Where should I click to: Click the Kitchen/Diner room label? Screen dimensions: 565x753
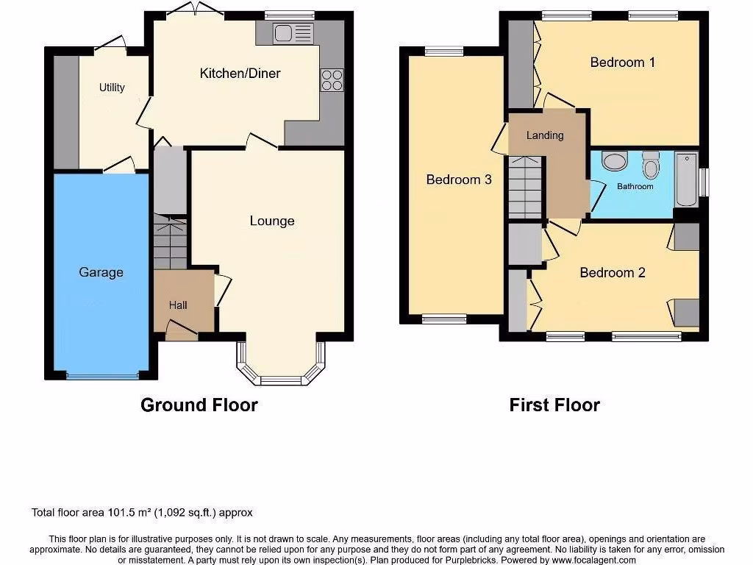point(240,74)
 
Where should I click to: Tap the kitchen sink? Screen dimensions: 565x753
point(293,33)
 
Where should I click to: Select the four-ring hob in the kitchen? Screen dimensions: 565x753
point(332,79)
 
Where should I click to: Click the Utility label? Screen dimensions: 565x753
point(112,88)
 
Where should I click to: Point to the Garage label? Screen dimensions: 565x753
point(101,272)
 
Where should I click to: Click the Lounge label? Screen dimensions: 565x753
point(272,221)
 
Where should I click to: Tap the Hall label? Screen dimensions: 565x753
point(179,305)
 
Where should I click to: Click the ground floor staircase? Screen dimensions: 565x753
point(170,243)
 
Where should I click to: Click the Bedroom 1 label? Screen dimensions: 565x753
point(622,63)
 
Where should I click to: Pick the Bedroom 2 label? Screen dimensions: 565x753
point(613,273)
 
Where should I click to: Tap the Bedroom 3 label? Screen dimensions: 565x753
point(459,180)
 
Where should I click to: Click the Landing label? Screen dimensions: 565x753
point(545,135)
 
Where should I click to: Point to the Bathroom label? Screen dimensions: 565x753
point(635,187)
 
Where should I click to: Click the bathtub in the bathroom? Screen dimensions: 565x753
point(686,180)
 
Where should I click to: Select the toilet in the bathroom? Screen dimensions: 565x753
point(651,166)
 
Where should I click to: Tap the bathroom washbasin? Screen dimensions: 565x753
point(613,160)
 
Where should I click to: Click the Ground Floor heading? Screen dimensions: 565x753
point(199,405)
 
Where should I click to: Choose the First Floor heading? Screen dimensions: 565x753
point(554,405)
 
